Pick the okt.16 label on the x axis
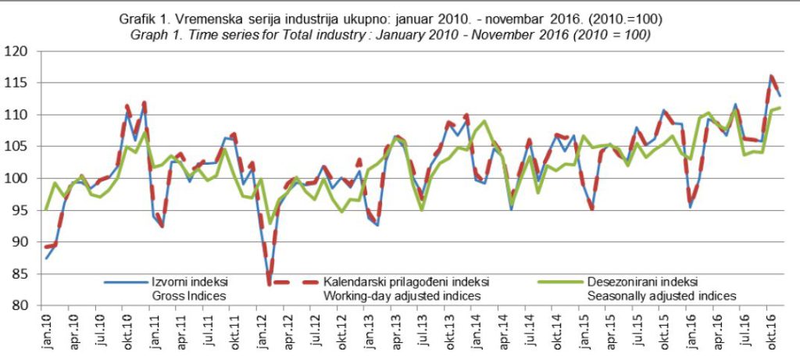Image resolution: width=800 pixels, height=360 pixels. (770, 330)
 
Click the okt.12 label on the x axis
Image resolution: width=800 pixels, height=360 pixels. (342, 330)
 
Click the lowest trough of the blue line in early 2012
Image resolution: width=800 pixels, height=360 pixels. (269, 283)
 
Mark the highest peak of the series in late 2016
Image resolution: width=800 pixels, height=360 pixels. (770, 76)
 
